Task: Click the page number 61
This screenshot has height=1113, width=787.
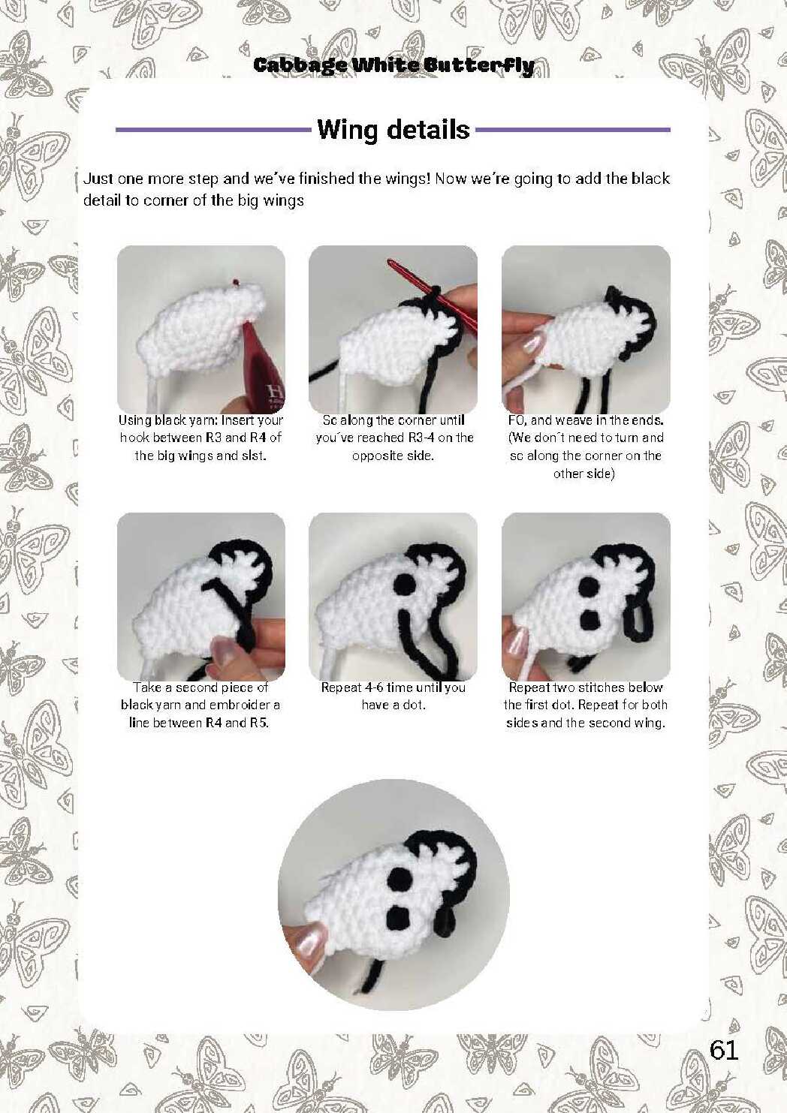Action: click(723, 1049)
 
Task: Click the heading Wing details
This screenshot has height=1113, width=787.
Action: click(393, 130)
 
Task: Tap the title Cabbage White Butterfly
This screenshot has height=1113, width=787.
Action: click(393, 65)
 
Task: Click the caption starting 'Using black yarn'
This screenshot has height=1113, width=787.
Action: click(201, 438)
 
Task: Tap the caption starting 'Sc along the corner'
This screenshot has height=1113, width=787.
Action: click(393, 438)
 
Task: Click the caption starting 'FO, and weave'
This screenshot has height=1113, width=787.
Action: click(586, 447)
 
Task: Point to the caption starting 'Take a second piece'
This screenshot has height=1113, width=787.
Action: click(201, 705)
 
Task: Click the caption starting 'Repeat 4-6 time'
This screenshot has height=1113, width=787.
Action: click(393, 696)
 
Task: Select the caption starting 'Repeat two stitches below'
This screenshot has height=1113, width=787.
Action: click(586, 705)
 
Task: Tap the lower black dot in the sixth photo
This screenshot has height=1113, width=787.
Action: click(589, 619)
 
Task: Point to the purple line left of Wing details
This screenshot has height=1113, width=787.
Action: click(214, 130)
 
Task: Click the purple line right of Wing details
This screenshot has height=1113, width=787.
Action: click(573, 130)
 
